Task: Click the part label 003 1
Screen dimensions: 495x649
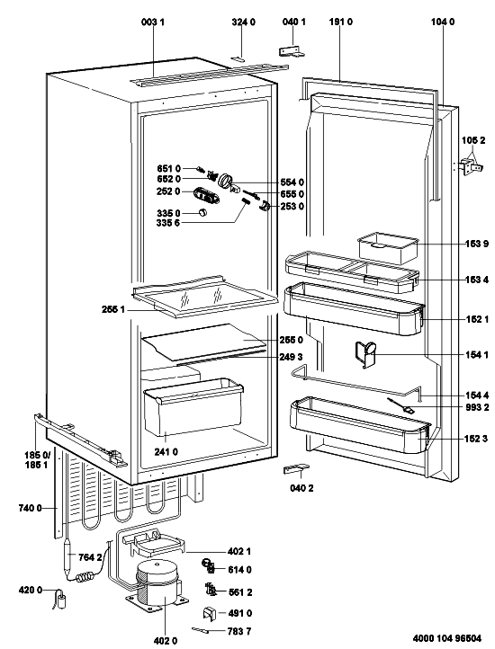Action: pyautogui.click(x=153, y=22)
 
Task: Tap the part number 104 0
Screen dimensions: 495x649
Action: pyautogui.click(x=442, y=22)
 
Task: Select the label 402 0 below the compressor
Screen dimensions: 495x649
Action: pyautogui.click(x=165, y=641)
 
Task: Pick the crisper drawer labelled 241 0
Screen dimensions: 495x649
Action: pyautogui.click(x=193, y=407)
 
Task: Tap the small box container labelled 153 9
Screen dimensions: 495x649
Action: pyautogui.click(x=388, y=247)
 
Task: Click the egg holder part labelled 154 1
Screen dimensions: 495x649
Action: pyautogui.click(x=365, y=354)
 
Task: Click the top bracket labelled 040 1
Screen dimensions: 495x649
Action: pyautogui.click(x=292, y=51)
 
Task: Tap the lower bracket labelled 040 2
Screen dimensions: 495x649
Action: pyautogui.click(x=296, y=469)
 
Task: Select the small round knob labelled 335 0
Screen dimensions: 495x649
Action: pyautogui.click(x=202, y=212)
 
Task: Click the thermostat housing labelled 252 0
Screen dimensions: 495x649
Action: pyautogui.click(x=205, y=195)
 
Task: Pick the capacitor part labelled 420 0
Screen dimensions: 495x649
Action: pyautogui.click(x=62, y=600)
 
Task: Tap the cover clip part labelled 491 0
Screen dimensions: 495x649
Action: pyautogui.click(x=211, y=614)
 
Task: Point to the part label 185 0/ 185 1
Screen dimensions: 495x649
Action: pyautogui.click(x=37, y=460)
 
